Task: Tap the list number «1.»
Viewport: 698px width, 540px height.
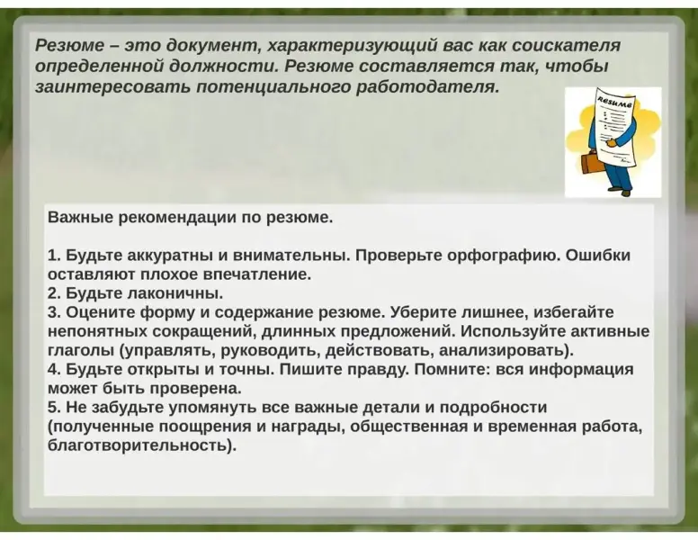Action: click(x=54, y=256)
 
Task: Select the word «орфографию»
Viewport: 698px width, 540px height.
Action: click(x=501, y=256)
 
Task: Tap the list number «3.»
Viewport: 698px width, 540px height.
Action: click(x=54, y=312)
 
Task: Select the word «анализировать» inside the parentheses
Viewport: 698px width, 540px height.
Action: click(x=502, y=351)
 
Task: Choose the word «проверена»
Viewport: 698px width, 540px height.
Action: click(x=195, y=389)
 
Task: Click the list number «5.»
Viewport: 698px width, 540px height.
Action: click(x=54, y=408)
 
